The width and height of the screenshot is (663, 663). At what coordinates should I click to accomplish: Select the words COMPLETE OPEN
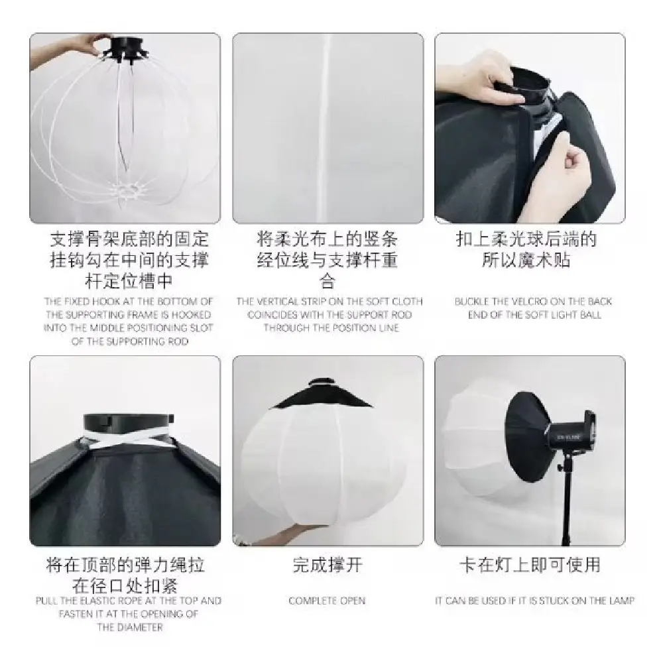[327, 601]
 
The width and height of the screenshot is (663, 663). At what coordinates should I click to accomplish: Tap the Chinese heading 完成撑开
[328, 565]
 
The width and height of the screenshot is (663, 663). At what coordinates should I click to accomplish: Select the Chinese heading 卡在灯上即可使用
[530, 565]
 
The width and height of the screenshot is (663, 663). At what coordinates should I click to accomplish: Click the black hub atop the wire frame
[125, 49]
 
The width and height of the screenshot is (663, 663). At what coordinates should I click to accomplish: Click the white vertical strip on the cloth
[325, 127]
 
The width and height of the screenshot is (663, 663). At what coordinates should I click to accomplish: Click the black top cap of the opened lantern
[322, 394]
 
